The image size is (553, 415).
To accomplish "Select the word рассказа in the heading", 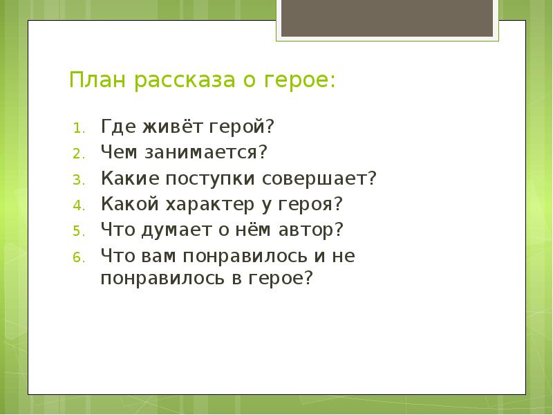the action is click(x=185, y=82).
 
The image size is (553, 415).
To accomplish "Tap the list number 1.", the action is click(x=79, y=129).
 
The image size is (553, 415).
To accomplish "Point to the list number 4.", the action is click(x=79, y=205).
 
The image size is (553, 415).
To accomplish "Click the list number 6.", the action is click(x=79, y=257).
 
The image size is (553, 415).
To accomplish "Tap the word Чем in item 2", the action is click(x=119, y=151).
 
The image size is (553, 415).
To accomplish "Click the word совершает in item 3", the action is click(x=315, y=178).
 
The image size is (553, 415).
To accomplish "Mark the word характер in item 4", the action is click(x=210, y=205).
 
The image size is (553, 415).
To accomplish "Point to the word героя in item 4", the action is click(x=306, y=205).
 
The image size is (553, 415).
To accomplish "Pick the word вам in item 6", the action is click(x=158, y=256).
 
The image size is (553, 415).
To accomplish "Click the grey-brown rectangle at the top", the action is click(x=387, y=18).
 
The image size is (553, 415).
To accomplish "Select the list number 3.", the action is click(x=79, y=180).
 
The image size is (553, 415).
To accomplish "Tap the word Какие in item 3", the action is click(x=130, y=178).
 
